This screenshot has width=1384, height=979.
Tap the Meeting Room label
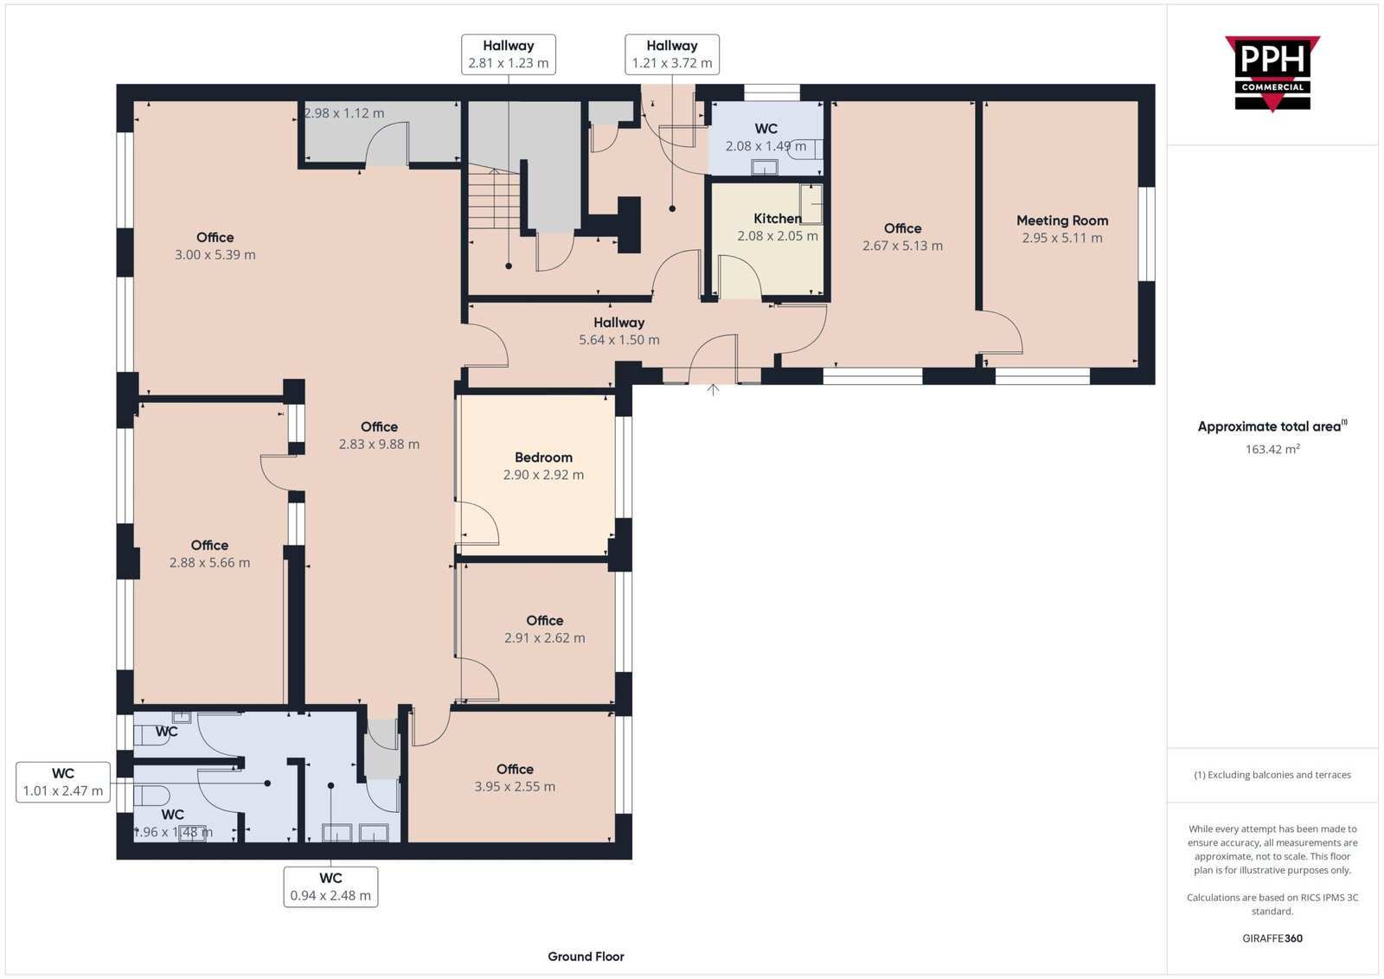tap(1062, 221)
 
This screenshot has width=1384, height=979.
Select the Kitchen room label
tap(778, 219)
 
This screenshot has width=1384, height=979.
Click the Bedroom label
tap(543, 458)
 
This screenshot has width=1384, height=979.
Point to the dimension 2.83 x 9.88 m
tap(379, 445)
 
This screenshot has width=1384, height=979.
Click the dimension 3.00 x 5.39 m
tap(215, 254)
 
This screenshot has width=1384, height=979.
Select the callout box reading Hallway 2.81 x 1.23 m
tap(509, 54)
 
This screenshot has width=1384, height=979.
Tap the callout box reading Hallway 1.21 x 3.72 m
tap(671, 54)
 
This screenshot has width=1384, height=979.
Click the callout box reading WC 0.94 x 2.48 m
tap(330, 886)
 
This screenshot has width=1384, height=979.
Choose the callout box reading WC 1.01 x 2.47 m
tap(63, 782)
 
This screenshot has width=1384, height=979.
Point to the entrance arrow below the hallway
tap(713, 389)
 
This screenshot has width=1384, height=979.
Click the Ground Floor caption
tap(586, 957)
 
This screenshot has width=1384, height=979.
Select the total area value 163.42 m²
tap(1272, 449)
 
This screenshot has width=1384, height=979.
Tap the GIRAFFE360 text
tap(1272, 938)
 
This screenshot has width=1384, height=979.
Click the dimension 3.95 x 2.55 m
tap(515, 786)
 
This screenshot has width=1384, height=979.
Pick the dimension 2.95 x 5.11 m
tap(1062, 238)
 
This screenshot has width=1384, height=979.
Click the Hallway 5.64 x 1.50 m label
tap(619, 331)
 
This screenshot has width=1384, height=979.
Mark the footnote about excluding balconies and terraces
tap(1272, 775)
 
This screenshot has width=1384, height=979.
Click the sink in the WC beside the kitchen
tap(765, 167)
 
